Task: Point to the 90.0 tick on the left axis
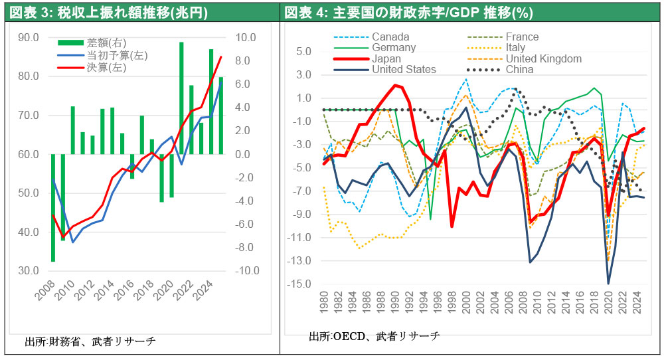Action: point(28,37)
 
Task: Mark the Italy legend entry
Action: point(515,48)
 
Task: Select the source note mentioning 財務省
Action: point(90,342)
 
